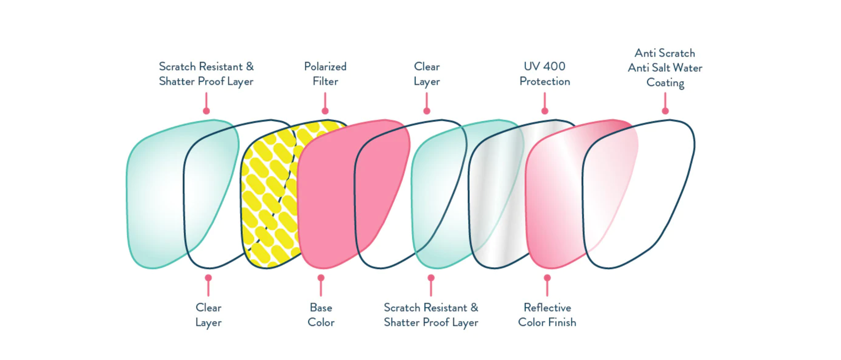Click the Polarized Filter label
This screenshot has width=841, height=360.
tap(325, 74)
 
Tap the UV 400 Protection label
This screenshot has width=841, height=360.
tap(545, 74)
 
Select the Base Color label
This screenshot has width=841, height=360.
tap(321, 315)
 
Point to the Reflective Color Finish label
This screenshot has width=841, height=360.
tap(547, 315)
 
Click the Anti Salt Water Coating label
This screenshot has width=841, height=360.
tap(665, 68)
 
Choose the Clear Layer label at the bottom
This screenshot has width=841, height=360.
tap(208, 315)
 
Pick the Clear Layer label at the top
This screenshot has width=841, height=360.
tap(426, 74)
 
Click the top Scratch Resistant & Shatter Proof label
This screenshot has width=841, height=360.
tap(206, 74)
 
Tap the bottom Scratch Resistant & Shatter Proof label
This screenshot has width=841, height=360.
tap(431, 315)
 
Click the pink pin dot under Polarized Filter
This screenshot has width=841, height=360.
tap(325, 111)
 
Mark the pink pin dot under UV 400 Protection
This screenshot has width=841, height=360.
tap(545, 111)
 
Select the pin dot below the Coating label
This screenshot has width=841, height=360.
tap(665, 111)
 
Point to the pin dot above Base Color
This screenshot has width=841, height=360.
tap(321, 278)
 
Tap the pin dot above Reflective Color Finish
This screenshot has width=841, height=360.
tap(547, 278)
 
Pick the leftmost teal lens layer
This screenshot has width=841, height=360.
tap(153, 195)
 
